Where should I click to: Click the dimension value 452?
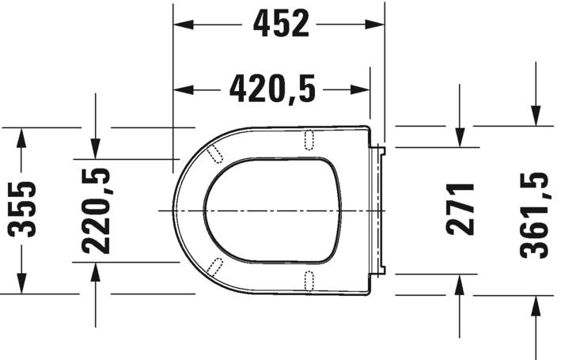click(x=280, y=25)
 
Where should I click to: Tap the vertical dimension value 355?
click(x=23, y=209)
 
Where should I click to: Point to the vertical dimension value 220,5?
click(x=95, y=210)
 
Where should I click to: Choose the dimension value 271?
click(x=460, y=209)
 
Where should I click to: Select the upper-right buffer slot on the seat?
click(x=309, y=139)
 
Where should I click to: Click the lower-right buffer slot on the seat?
click(x=309, y=279)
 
